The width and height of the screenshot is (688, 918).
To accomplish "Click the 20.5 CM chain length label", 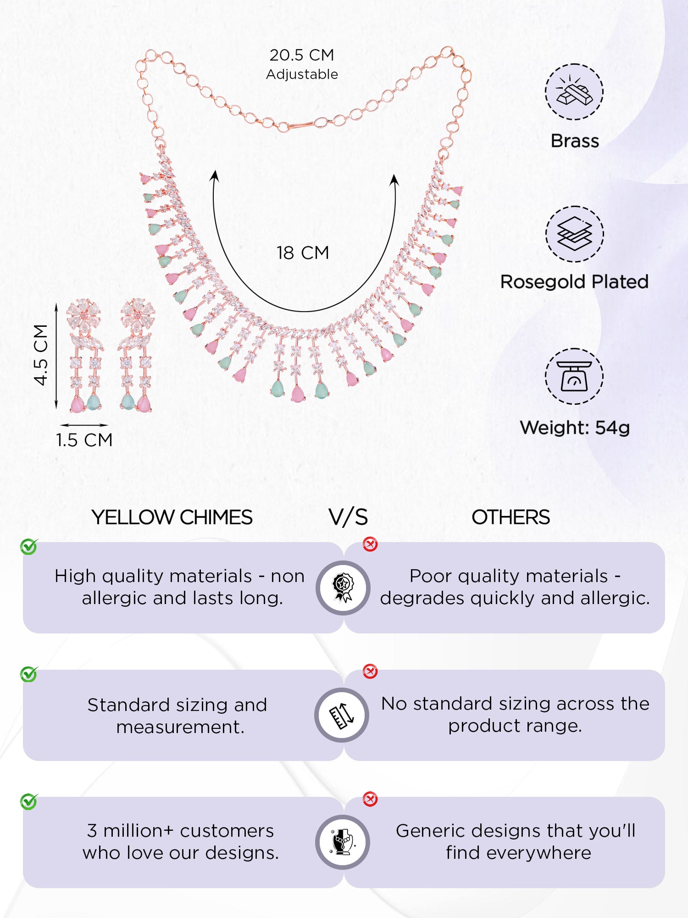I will (x=302, y=55).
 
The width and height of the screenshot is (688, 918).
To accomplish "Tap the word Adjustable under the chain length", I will (x=302, y=75).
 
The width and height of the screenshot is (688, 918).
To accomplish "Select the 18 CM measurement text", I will (x=303, y=253).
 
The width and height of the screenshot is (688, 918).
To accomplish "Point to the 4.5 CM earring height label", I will (x=41, y=354).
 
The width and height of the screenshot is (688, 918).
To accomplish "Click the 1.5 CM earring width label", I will (x=84, y=440).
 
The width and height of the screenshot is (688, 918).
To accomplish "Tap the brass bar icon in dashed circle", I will (x=574, y=91).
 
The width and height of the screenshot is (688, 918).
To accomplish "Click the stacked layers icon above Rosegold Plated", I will (x=574, y=234).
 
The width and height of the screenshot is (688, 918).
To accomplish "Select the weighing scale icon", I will (x=574, y=376).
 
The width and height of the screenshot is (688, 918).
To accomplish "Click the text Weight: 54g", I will (x=575, y=428).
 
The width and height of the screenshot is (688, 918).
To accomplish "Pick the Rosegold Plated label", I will (x=574, y=282).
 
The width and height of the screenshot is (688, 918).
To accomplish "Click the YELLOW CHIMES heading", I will (x=172, y=517).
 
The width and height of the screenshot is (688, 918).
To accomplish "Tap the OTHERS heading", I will (x=510, y=517).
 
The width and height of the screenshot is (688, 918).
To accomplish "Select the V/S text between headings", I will (x=348, y=517).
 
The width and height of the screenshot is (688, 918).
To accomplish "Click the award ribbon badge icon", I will (x=343, y=588).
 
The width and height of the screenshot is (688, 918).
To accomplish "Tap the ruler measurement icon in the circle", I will (x=342, y=715).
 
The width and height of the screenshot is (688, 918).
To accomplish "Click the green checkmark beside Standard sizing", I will (x=29, y=674).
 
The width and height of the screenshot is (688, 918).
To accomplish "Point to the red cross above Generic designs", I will (x=370, y=799).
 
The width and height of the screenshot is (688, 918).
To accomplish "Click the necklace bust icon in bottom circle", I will (x=343, y=842).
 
